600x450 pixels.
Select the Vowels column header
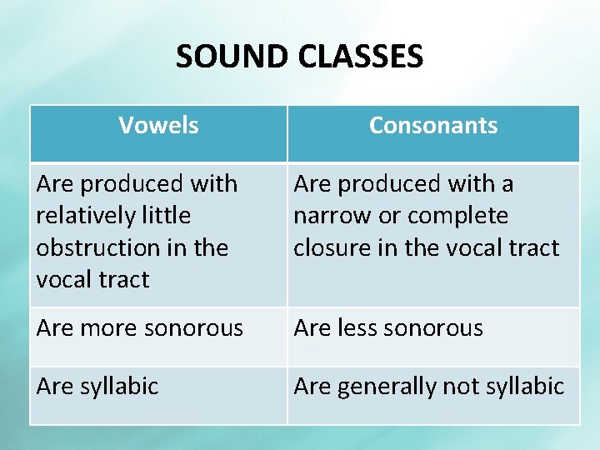[x=158, y=126]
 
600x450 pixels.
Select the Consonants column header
[x=433, y=126]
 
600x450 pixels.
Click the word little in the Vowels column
[x=165, y=215]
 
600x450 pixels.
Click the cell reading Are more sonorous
[x=140, y=328]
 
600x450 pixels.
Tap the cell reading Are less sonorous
[x=388, y=328]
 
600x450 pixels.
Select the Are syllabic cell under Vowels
[x=97, y=387]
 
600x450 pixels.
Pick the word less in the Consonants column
[x=357, y=328]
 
